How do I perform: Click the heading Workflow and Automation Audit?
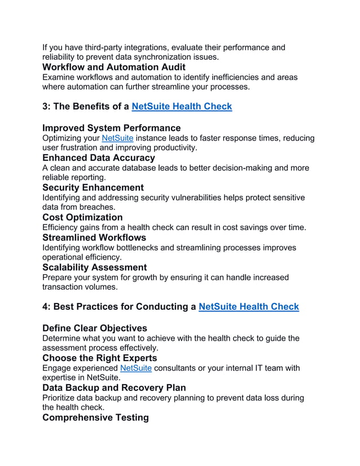[113, 67]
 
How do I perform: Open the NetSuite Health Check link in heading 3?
[181, 106]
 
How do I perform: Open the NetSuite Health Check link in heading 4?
[248, 307]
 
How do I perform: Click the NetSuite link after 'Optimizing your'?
[117, 138]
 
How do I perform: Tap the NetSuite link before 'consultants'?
[136, 368]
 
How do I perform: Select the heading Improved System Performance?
[111, 128]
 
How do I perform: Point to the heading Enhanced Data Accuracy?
[98, 158]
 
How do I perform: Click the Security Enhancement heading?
[93, 187]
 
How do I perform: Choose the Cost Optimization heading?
[82, 217]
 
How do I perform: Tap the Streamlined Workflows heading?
[94, 238]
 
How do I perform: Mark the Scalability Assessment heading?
[94, 267]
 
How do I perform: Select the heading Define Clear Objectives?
[94, 328]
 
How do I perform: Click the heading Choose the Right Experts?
[99, 358]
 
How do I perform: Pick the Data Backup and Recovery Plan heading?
[114, 388]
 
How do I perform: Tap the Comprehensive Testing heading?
[95, 417]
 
